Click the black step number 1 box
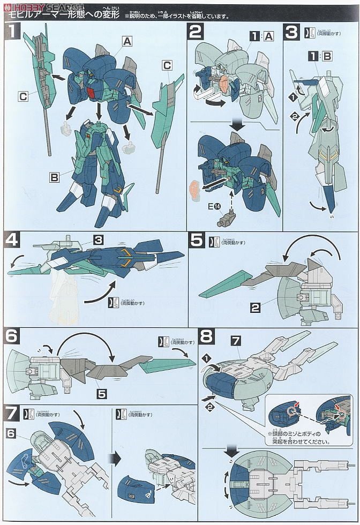pos(12,32)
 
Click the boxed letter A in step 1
pos(127,40)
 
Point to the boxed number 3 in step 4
pos(98,241)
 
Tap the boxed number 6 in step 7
pos(11,433)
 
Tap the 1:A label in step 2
pos(261,36)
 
